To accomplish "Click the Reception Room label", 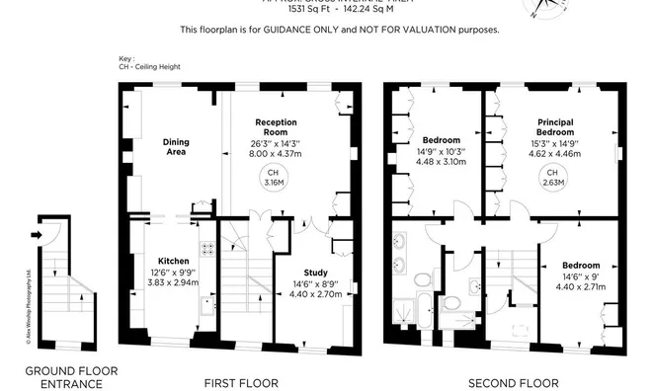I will (x=276, y=127).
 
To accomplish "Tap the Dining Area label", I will (x=176, y=147).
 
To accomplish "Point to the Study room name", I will (x=315, y=273).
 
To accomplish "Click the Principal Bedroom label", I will (x=554, y=127).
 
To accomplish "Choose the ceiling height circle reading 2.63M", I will (x=553, y=179).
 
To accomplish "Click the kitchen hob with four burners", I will (x=209, y=249).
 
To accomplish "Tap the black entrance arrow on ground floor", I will (x=37, y=235).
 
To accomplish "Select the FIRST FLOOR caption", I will (x=241, y=381).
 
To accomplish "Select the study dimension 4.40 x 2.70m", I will (x=315, y=293).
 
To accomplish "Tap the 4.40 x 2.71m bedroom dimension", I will (x=581, y=288).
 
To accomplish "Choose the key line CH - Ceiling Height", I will (x=152, y=69).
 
